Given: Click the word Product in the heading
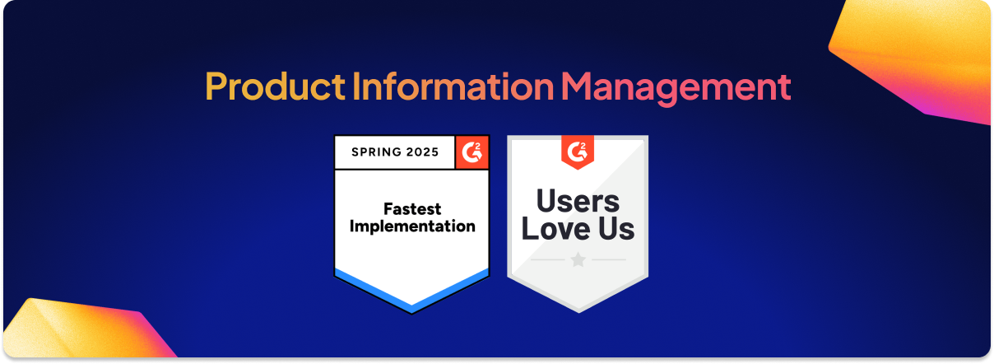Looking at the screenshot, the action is (x=275, y=86).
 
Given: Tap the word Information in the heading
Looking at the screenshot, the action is (x=453, y=86).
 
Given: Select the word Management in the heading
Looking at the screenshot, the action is (x=676, y=89).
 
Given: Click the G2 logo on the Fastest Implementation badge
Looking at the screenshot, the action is (x=472, y=152).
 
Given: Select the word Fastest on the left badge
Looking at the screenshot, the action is (x=412, y=208).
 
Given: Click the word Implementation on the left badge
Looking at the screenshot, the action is (x=412, y=226).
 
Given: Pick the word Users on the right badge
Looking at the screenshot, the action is (x=578, y=201).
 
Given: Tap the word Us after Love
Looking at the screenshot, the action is (x=616, y=229).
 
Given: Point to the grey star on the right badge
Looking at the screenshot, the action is (x=578, y=259).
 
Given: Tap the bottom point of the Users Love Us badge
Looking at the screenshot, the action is (x=578, y=312).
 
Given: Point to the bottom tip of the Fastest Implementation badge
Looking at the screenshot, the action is (x=411, y=314).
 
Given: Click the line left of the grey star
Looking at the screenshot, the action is (x=548, y=259).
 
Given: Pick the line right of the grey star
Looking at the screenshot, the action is (x=609, y=259).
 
